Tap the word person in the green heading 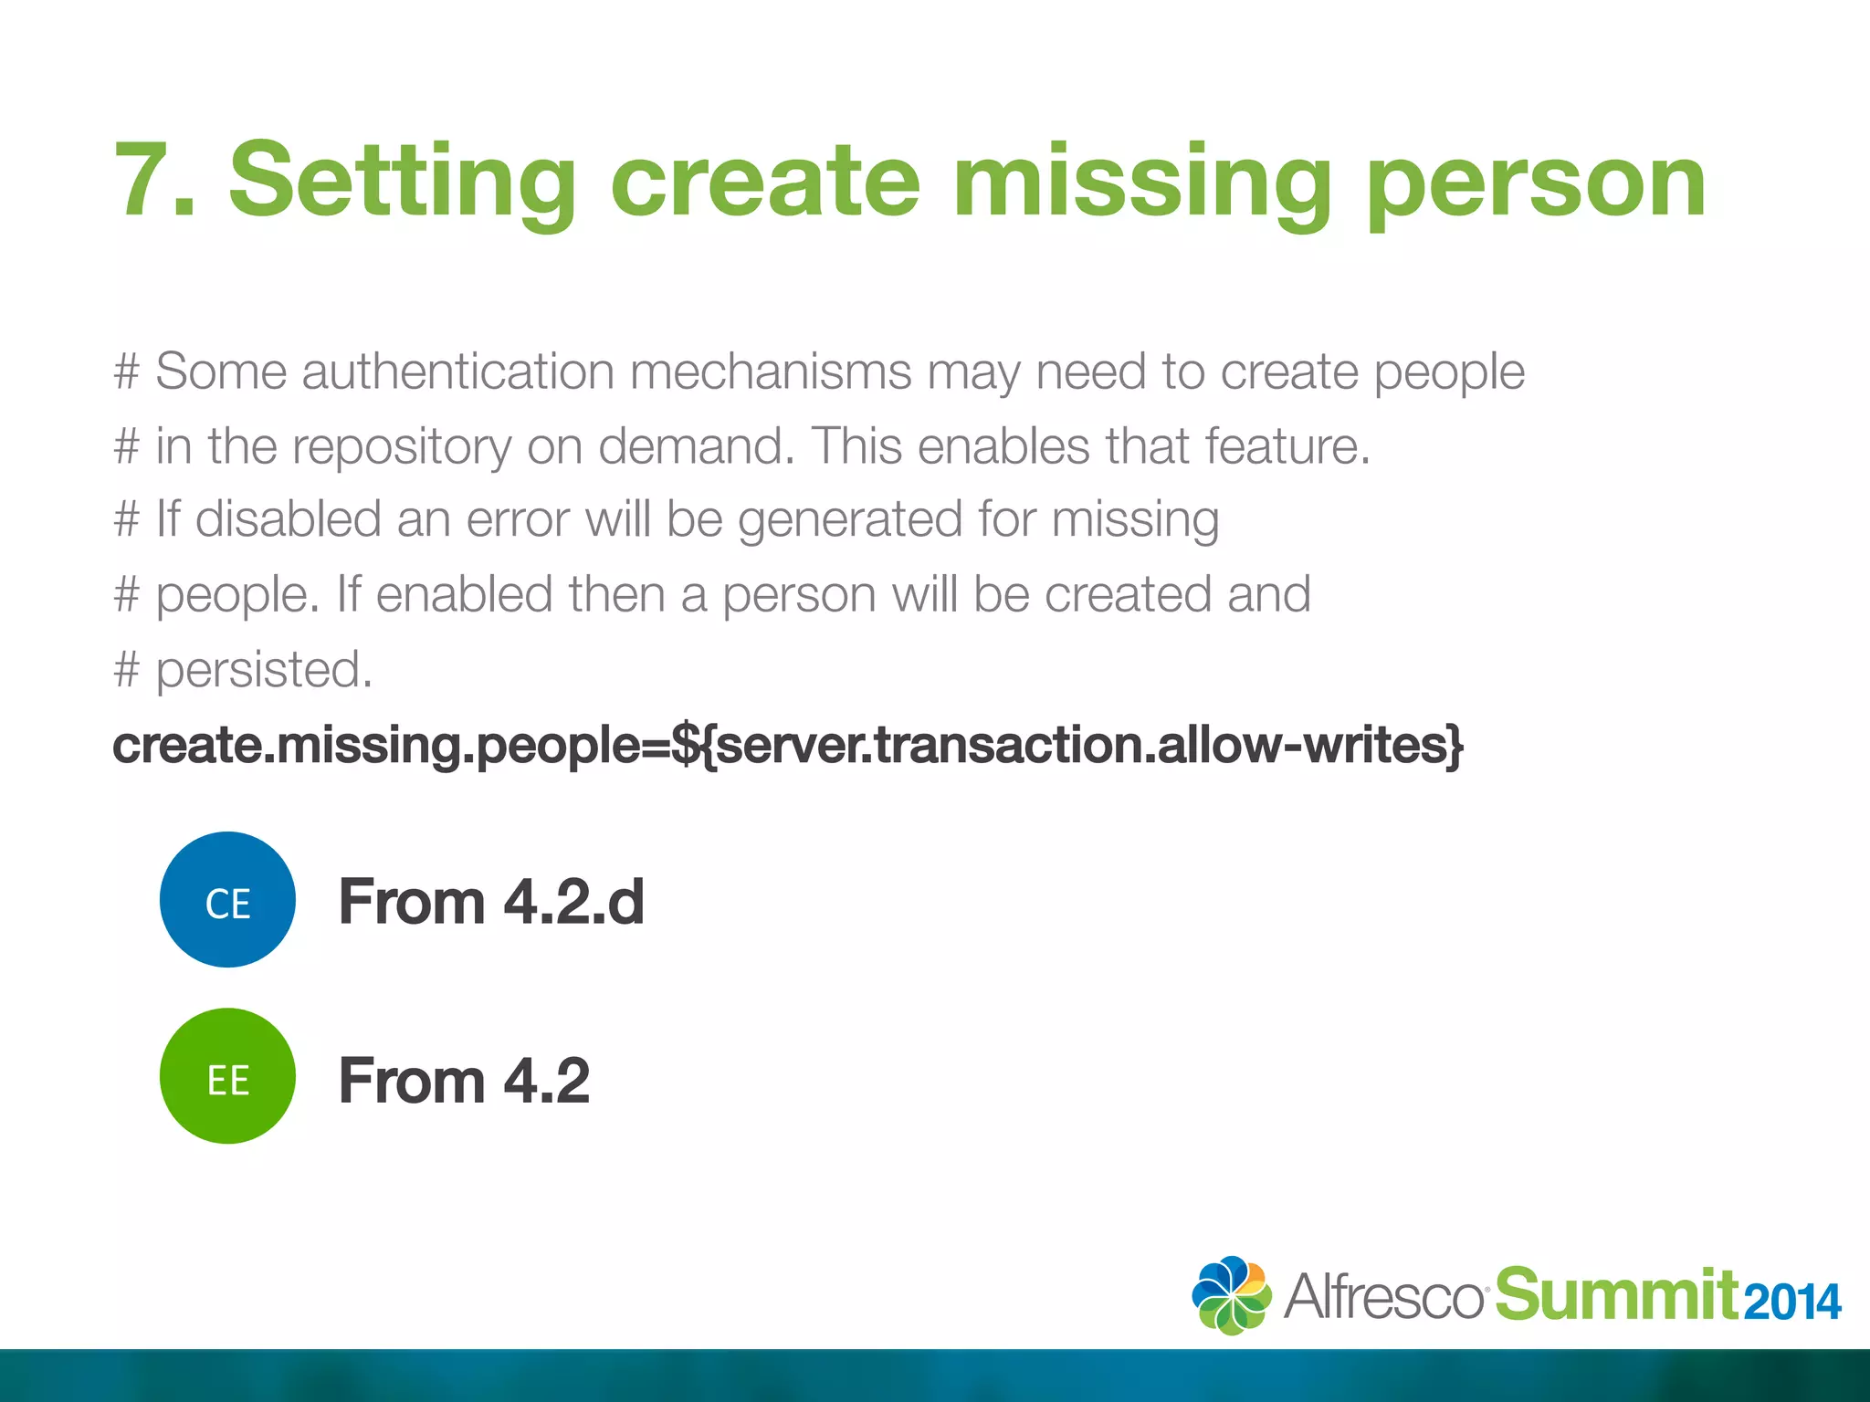tap(1537, 183)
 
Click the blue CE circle tap(227, 900)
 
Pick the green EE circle tap(227, 1076)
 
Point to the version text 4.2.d tap(573, 902)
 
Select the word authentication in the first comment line tap(457, 371)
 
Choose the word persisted tap(264, 670)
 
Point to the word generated tap(850, 520)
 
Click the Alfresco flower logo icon tap(1231, 1295)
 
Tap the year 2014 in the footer tap(1792, 1302)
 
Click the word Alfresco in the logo tap(1384, 1296)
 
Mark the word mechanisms tap(771, 371)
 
